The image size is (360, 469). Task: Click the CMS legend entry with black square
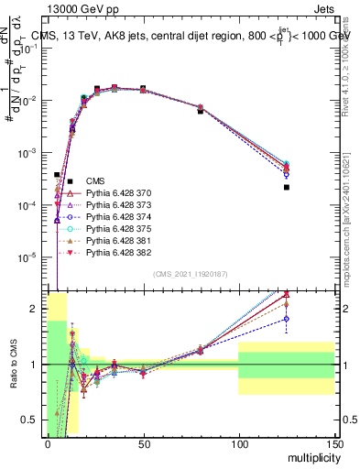[96, 182]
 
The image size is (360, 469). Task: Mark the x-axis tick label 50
[143, 444]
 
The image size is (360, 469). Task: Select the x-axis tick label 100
[238, 444]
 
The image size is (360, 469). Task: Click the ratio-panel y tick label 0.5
[34, 420]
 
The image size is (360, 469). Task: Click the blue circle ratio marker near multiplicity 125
[287, 319]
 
